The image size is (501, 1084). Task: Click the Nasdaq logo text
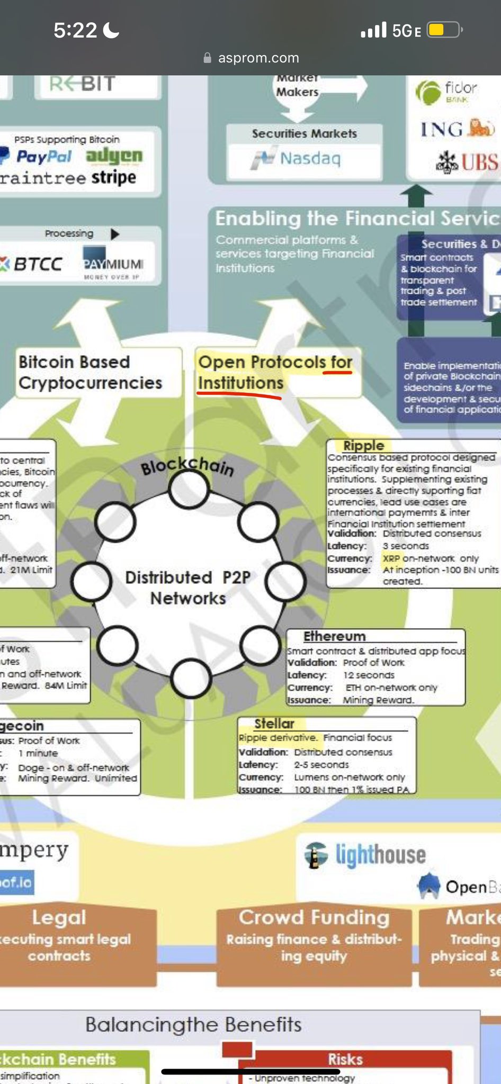click(310, 158)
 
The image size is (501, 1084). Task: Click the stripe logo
click(113, 177)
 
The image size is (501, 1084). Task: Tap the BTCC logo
click(33, 264)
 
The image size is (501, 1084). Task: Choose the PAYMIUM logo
click(113, 263)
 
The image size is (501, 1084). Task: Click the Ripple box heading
click(363, 446)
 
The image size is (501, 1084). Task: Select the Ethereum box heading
click(334, 636)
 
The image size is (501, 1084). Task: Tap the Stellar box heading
click(274, 724)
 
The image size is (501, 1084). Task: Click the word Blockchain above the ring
click(186, 466)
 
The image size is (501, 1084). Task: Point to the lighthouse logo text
click(380, 854)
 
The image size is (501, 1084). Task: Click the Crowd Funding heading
click(314, 917)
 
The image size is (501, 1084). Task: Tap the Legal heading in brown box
click(58, 917)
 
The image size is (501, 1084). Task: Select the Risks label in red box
click(345, 1059)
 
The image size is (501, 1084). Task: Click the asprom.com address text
click(258, 58)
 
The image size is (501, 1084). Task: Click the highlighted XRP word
click(391, 558)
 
